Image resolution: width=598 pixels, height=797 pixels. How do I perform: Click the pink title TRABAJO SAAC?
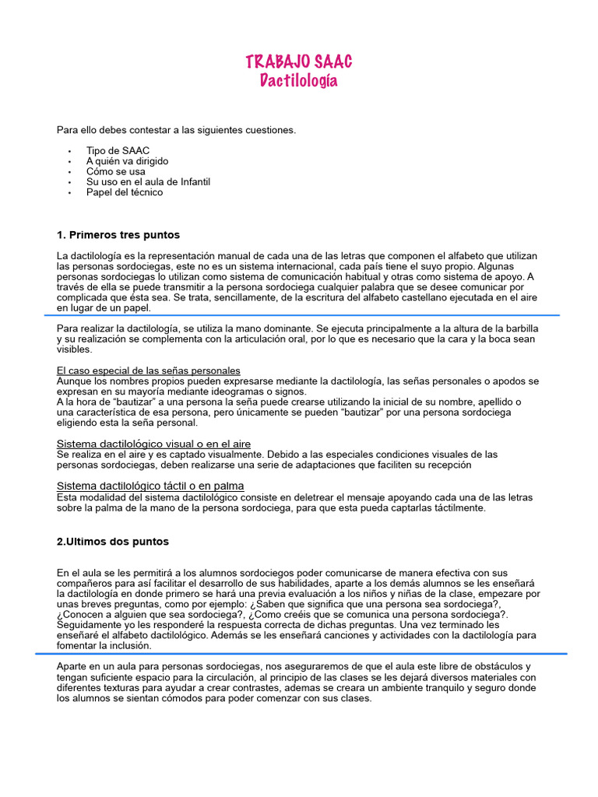click(298, 61)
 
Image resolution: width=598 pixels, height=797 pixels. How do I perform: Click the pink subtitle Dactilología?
click(298, 81)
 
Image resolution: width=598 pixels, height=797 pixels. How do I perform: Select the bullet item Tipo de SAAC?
click(118, 150)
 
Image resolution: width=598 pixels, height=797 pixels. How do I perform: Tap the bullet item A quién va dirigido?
click(127, 161)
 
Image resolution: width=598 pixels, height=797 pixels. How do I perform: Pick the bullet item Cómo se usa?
click(115, 171)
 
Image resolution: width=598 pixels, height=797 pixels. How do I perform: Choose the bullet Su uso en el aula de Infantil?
click(148, 182)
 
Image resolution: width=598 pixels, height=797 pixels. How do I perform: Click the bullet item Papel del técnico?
click(125, 192)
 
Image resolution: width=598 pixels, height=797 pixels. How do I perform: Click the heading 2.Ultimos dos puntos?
click(112, 542)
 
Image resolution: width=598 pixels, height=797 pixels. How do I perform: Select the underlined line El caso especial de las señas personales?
click(148, 370)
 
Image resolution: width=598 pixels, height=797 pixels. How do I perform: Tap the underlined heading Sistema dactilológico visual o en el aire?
click(153, 444)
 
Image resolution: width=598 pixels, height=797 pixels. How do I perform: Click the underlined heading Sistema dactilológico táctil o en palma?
click(150, 486)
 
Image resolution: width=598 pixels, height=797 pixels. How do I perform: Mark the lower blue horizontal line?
click(311, 654)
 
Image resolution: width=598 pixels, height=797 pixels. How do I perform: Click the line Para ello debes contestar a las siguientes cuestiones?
click(176, 129)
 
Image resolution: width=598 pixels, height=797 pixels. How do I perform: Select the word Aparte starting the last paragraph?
click(72, 667)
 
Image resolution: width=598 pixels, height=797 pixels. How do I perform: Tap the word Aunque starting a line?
click(73, 381)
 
